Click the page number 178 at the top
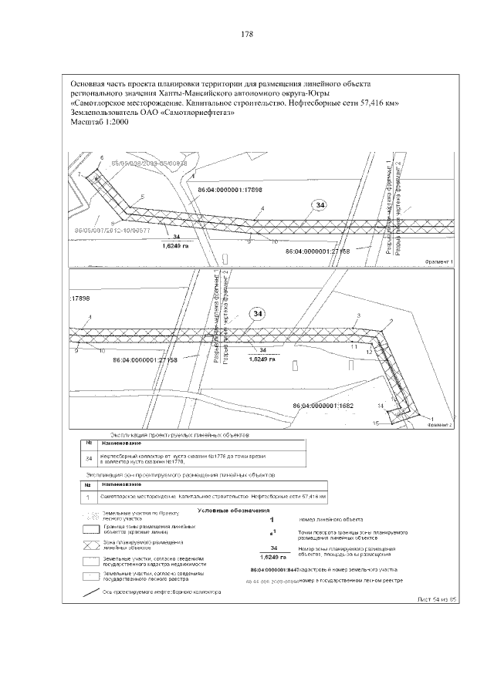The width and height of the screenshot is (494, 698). click(x=247, y=35)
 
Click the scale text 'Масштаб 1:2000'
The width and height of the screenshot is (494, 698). click(x=100, y=122)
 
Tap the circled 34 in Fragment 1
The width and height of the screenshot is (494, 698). click(x=320, y=205)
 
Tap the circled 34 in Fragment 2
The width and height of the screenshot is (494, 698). click(x=258, y=313)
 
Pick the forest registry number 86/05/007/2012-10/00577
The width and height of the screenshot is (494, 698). click(x=112, y=230)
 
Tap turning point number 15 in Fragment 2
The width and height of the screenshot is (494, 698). click(x=375, y=423)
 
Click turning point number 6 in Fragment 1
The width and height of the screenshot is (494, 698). click(x=101, y=157)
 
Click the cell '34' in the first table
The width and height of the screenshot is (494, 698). click(x=89, y=460)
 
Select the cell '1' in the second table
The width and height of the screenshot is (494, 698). click(x=89, y=497)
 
